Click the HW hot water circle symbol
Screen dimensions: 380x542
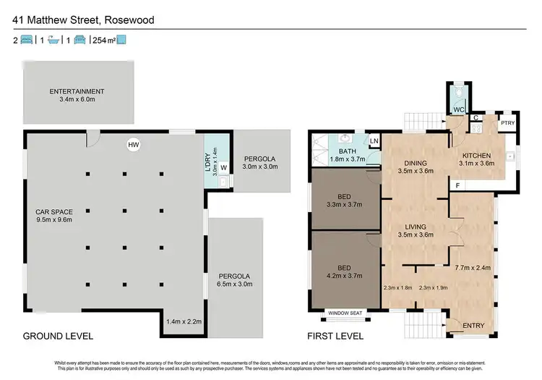coord(133,145)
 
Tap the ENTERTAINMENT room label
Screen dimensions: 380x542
coord(77,96)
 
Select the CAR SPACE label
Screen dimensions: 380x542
coord(54,216)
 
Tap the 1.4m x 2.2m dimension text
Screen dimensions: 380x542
coord(184,321)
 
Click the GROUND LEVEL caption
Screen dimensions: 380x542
coord(59,336)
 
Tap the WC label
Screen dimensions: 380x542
coord(458,109)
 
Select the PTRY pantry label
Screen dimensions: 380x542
coord(508,123)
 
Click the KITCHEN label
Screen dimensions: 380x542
coord(477,159)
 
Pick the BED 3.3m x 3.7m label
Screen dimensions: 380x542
coord(344,200)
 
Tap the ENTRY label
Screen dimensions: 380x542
coord(473,326)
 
